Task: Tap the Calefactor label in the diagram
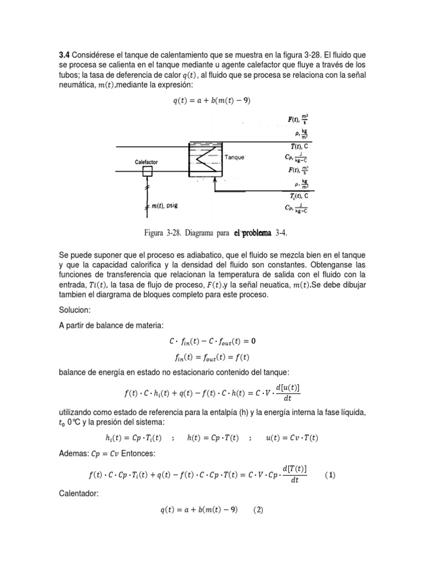pyautogui.click(x=147, y=162)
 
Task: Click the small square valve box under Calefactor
pyautogui.click(x=147, y=172)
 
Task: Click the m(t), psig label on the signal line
pyautogui.click(x=164, y=206)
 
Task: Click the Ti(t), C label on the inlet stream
pyautogui.click(x=298, y=196)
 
